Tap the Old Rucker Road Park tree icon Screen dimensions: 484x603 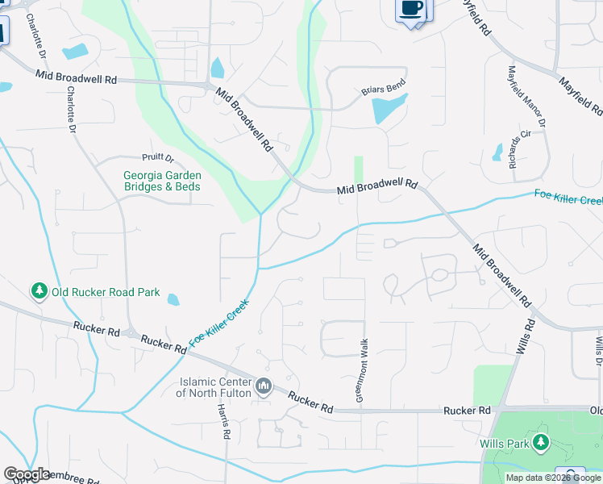coord(38,290)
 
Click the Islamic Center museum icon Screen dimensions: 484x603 coord(264,387)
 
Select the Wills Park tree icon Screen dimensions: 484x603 coord(540,442)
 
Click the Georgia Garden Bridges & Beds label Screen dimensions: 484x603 coord(162,181)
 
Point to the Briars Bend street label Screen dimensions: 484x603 coord(382,90)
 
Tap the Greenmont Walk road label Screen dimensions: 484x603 coord(362,371)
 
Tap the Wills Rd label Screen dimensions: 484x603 coord(525,338)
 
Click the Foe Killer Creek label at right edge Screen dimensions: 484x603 coord(568,196)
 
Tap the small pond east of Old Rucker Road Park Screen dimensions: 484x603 coord(173,300)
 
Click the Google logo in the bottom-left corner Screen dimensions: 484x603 coord(27,474)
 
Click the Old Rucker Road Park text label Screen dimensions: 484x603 coord(106,292)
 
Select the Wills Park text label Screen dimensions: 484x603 coord(503,443)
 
